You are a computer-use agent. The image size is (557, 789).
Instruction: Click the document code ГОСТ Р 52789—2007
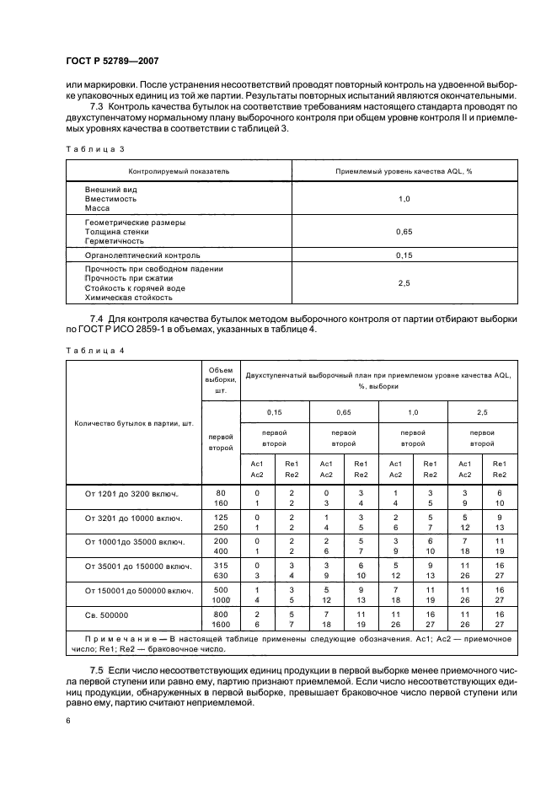111,61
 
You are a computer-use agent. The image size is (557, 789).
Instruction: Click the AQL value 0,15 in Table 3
404,254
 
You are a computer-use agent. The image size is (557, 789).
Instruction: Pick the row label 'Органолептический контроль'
142,254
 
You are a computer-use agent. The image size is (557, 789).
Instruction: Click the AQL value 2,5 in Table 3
404,283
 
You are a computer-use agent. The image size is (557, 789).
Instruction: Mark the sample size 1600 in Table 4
221,625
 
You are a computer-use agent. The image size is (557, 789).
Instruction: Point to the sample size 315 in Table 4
221,565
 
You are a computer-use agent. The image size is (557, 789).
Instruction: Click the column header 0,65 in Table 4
344,412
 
